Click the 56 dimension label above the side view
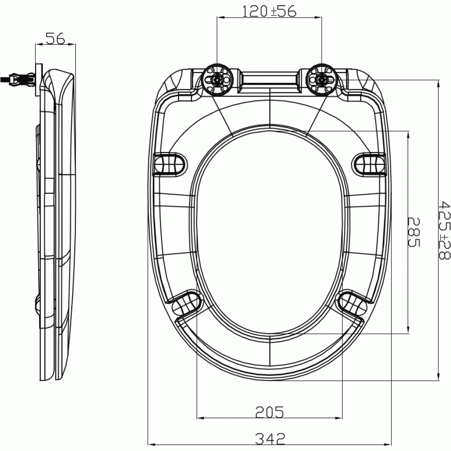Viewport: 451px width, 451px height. [x=56, y=39]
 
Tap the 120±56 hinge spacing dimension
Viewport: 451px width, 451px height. [x=269, y=11]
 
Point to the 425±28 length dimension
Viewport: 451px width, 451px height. [x=444, y=230]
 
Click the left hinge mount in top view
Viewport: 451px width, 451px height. [x=217, y=80]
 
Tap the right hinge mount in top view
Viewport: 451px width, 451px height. [x=321, y=80]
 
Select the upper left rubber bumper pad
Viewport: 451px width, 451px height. [x=170, y=163]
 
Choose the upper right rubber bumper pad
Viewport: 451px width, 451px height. [x=369, y=163]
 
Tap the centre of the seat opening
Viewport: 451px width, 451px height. [x=269, y=232]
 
